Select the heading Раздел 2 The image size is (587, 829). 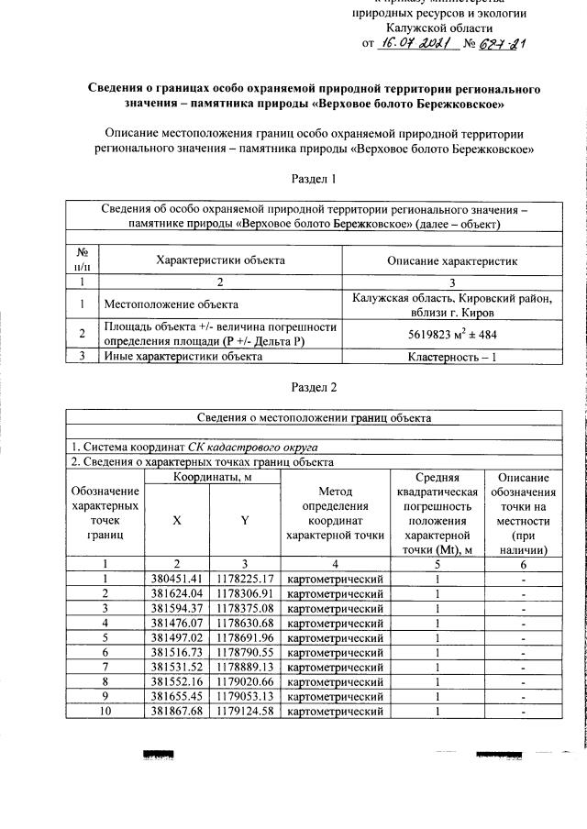(314, 387)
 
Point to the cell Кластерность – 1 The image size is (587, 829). (453, 356)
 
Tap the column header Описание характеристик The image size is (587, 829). (453, 261)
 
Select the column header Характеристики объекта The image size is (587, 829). (220, 261)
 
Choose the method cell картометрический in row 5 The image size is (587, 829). (335, 637)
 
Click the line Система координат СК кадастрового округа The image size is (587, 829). (188, 447)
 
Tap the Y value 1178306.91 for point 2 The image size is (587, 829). (245, 593)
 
